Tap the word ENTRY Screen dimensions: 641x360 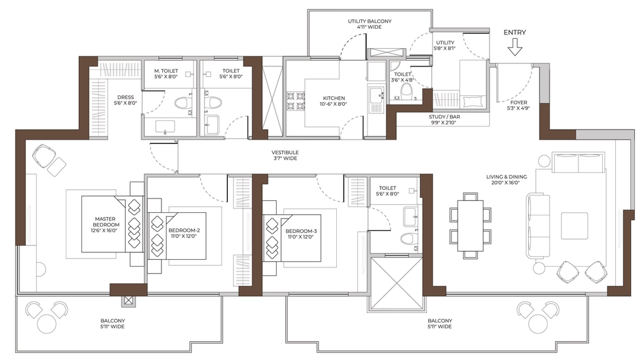pyautogui.click(x=515, y=33)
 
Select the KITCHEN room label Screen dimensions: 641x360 pyautogui.click(x=334, y=98)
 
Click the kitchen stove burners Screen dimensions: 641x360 pyautogui.click(x=296, y=101)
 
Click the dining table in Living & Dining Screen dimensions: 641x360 pyautogui.click(x=470, y=225)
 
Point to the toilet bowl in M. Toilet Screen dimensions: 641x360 pyautogui.click(x=181, y=103)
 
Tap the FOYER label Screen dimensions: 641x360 pyautogui.click(x=518, y=102)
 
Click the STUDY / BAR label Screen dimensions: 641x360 pyautogui.click(x=444, y=117)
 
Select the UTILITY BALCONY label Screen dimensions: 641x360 pyautogui.click(x=369, y=21)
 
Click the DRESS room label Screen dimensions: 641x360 pyautogui.click(x=125, y=98)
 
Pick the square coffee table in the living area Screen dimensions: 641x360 pyautogui.click(x=575, y=225)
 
